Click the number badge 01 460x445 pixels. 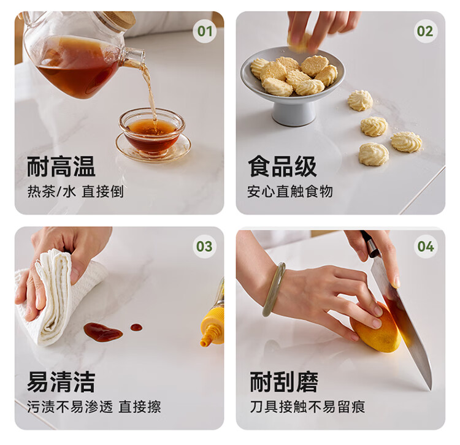click(205, 31)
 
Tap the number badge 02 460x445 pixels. click(425, 31)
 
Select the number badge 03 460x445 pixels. click(204, 246)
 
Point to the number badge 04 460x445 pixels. click(426, 246)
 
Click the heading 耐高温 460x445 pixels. click(61, 167)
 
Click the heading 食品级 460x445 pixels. click(282, 167)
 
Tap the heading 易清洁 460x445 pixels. click(61, 382)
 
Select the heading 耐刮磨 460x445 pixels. click(284, 382)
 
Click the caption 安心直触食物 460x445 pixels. click(290, 192)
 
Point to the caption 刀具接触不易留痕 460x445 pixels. click(307, 407)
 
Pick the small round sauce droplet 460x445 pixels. click(136, 327)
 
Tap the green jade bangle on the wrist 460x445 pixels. click(274, 289)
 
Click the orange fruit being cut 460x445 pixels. click(376, 328)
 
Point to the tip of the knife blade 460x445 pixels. click(431, 390)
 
